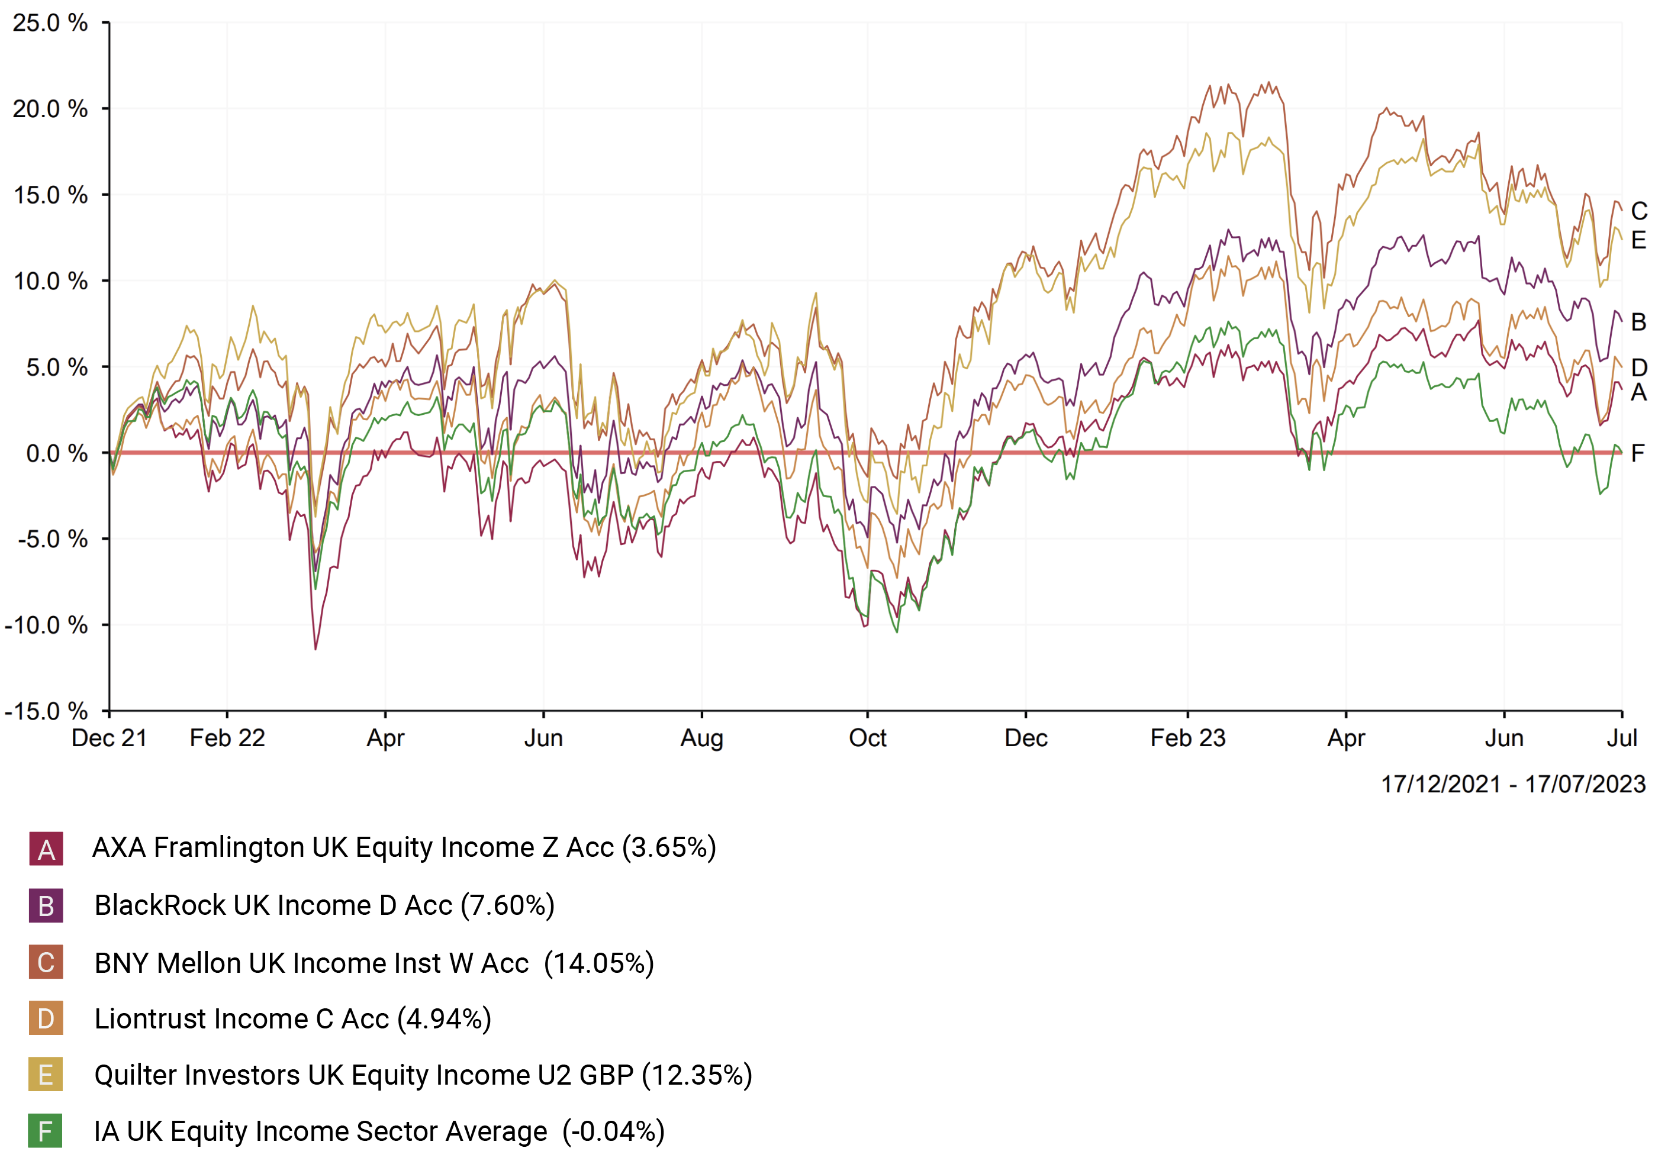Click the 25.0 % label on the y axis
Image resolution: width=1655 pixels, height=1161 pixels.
pos(50,23)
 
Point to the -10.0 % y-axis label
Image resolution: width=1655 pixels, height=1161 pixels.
pos(46,625)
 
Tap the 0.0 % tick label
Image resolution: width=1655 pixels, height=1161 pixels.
pos(56,453)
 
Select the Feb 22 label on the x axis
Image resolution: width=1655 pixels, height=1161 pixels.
pos(227,738)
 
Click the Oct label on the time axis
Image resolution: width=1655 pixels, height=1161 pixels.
pos(867,738)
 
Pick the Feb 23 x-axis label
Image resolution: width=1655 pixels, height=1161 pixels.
pos(1187,738)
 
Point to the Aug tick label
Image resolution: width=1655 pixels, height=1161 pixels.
pos(701,738)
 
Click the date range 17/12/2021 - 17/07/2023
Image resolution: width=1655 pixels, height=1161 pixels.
pos(1513,784)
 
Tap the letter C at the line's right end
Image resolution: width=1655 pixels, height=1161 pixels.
pos(1638,211)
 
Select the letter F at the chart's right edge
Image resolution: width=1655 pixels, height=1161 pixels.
pos(1638,453)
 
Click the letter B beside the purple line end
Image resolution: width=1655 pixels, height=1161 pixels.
pos(1638,321)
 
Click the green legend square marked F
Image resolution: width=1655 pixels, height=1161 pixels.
pos(46,1131)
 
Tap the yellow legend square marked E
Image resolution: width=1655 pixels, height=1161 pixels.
pos(46,1075)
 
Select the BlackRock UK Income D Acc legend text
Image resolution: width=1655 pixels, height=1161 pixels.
pos(273,905)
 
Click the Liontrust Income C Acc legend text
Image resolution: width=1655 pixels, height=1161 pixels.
pos(242,1019)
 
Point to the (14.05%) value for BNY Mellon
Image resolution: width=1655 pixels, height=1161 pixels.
pos(598,963)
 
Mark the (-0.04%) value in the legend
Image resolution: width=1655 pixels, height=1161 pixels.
pos(613,1131)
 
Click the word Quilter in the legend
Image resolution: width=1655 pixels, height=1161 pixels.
pos(137,1075)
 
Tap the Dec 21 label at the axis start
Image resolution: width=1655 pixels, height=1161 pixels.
pos(109,738)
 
